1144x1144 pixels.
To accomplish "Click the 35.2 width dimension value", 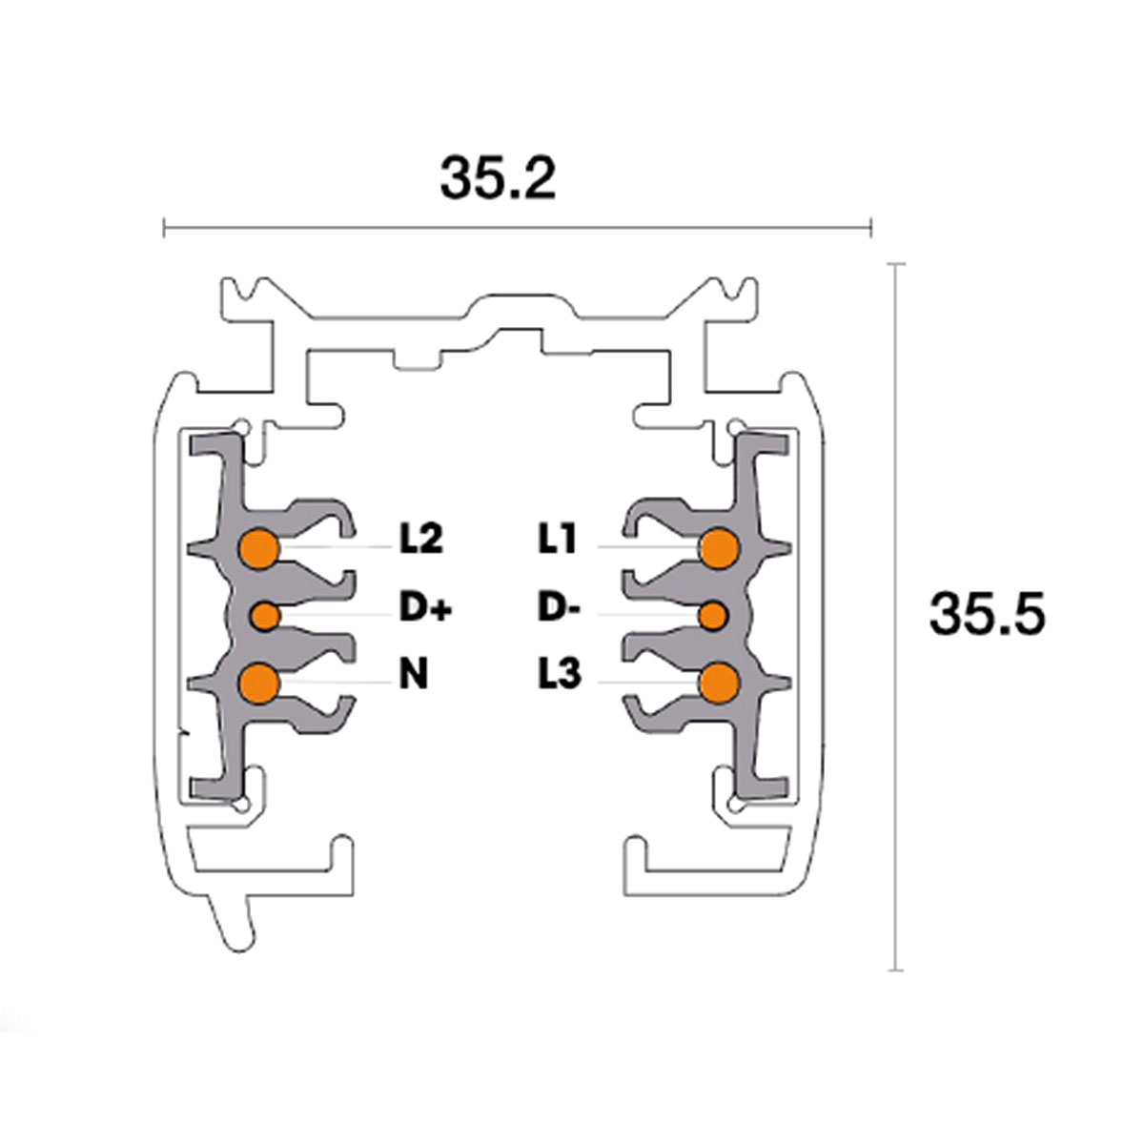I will pos(497,177).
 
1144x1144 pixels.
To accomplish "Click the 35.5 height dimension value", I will pos(987,614).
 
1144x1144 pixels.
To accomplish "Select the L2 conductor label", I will pos(420,541).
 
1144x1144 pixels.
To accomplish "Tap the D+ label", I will pos(424,608).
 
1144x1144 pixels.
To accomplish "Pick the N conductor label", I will pos(413,676).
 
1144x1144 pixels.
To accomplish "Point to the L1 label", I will pos(558,541).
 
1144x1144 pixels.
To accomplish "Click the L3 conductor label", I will pos(559,676).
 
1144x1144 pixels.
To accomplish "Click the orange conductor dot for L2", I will pos(258,548).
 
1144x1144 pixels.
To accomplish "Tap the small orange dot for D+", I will pos(265,616).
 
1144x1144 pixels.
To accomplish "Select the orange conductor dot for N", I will pos(258,683).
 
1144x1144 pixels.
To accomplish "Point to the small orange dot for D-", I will pos(713,616).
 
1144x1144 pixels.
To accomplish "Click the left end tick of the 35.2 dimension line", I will pos(166,228).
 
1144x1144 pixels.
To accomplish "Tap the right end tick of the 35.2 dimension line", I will pos(871,228).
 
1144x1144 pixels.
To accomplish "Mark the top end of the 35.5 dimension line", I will pos(895,264).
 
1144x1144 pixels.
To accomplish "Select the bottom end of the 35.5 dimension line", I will pos(895,970).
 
